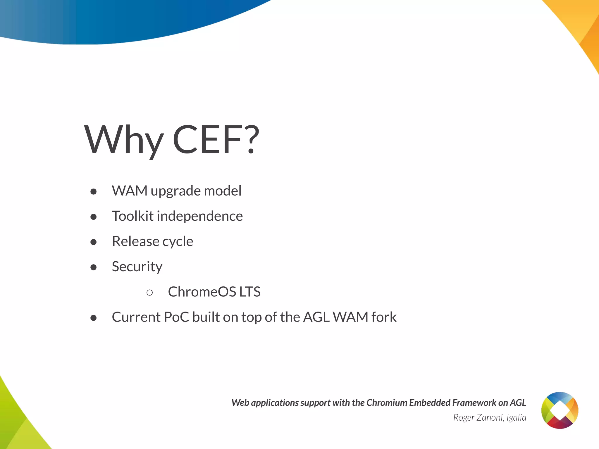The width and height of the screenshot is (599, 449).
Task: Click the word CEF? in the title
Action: (216, 139)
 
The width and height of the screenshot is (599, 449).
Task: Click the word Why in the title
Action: (123, 140)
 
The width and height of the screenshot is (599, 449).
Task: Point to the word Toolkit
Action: (132, 216)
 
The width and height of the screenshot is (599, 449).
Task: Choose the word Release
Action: (135, 241)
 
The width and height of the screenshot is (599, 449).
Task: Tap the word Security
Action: (137, 267)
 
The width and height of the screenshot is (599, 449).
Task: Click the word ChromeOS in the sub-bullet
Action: (202, 292)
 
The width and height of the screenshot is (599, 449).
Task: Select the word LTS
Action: (250, 292)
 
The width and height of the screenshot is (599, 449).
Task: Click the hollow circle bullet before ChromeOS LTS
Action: (149, 292)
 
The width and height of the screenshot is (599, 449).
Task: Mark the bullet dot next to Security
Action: (94, 267)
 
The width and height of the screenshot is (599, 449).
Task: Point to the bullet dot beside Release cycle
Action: (94, 242)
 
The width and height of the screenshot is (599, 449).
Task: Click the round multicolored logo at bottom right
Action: (560, 410)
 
